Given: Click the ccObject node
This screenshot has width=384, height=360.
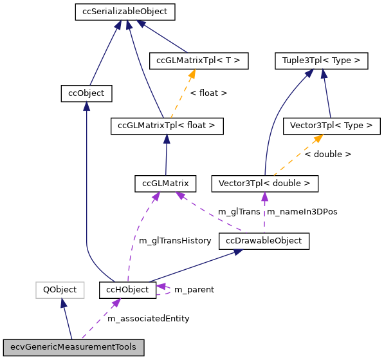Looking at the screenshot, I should (x=86, y=93).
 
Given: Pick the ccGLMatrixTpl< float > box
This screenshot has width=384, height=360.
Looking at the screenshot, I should (x=167, y=126).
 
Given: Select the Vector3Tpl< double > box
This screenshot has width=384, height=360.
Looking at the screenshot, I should (x=264, y=184).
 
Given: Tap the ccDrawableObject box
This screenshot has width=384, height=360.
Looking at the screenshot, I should (x=264, y=241).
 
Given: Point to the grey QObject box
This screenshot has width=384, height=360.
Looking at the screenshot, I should (x=60, y=290).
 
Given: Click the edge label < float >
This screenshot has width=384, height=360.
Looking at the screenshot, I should (x=208, y=93).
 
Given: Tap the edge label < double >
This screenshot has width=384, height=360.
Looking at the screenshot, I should (x=327, y=155).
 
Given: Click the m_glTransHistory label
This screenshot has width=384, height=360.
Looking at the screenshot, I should (x=175, y=241).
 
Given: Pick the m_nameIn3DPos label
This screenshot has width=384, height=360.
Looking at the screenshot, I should (x=302, y=212).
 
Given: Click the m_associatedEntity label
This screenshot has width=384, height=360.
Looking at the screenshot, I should (x=148, y=319).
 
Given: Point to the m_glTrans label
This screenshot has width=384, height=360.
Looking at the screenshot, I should (x=239, y=212).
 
